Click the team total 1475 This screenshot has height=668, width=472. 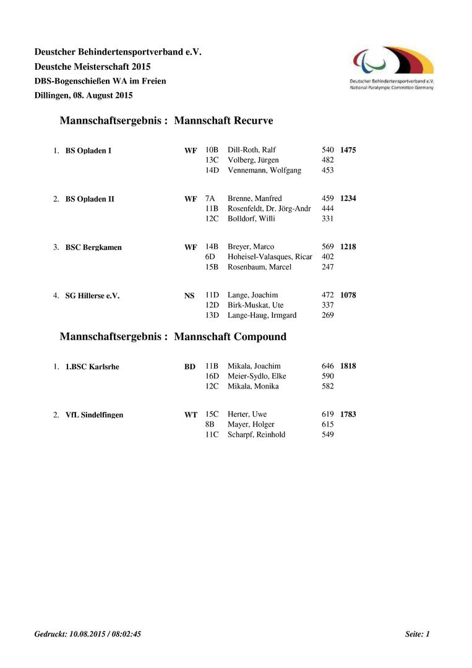[348, 150]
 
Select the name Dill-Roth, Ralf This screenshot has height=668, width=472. [252, 150]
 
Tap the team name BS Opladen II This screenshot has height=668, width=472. [90, 199]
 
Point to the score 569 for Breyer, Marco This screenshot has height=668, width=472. [328, 247]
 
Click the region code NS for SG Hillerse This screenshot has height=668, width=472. [189, 296]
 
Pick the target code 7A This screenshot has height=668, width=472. [210, 199]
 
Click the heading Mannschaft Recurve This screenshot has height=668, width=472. [223, 121]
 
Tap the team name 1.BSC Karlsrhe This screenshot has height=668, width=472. [92, 367]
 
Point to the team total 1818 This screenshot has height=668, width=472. [348, 366]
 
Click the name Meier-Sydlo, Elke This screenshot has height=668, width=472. [257, 376]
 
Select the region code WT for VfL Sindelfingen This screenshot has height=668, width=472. [191, 415]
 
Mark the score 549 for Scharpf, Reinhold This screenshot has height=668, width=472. [328, 435]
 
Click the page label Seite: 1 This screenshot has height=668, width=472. [417, 634]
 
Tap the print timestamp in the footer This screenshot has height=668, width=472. [88, 634]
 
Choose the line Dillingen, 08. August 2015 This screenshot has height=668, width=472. [84, 95]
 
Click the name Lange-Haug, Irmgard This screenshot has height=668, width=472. [262, 315]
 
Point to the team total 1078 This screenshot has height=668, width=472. [348, 295]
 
